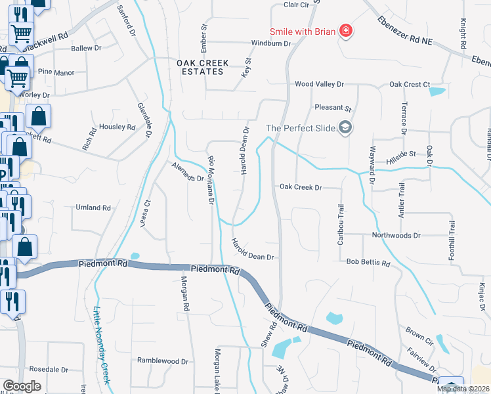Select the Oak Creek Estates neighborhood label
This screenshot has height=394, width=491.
(203, 68)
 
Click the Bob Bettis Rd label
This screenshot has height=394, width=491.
(368, 263)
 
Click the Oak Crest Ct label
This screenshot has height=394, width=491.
(409, 85)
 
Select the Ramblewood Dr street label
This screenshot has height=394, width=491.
(162, 361)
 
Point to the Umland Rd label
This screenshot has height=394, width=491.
(93, 208)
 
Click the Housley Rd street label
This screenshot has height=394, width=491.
(117, 126)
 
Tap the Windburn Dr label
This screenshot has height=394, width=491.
(270, 43)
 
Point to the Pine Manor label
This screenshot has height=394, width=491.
(56, 72)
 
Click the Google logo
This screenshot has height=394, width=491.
(22, 386)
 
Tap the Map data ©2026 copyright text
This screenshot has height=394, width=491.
(463, 389)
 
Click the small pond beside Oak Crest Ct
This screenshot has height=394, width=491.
(437, 91)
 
